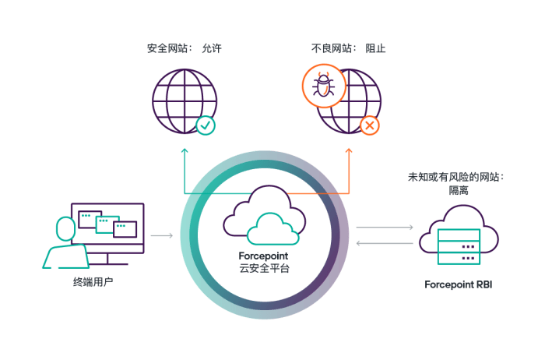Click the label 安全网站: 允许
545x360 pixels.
point(185,48)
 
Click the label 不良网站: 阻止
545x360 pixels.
point(348,48)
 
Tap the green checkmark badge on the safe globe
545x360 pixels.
point(206,124)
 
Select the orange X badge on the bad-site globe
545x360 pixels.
point(370,124)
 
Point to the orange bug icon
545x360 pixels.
point(323,86)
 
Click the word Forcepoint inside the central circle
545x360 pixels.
point(264,256)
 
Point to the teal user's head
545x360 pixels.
point(66,229)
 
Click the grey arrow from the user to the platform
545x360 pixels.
point(162,235)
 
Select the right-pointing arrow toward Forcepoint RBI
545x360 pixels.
point(385,228)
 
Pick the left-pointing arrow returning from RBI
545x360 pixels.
point(385,243)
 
